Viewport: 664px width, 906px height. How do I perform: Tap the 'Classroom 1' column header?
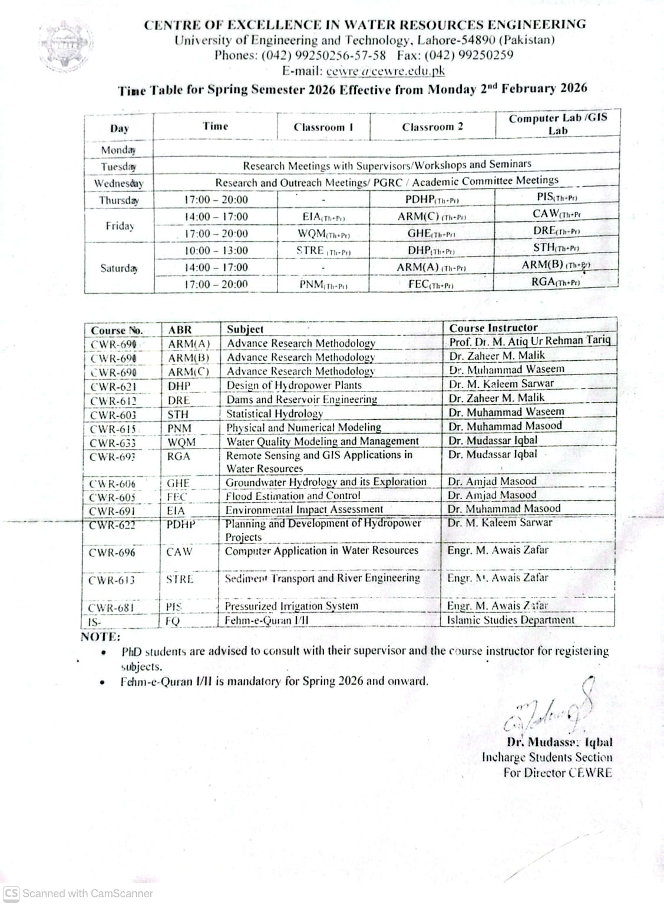pos(323,127)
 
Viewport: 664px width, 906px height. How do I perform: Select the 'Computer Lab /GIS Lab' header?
pos(557,124)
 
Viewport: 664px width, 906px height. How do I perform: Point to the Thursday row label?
pos(118,200)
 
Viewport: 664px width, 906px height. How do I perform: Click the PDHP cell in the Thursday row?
pos(431,200)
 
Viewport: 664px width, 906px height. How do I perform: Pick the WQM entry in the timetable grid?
pos(323,234)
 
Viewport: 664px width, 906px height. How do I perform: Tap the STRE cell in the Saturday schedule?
pos(323,251)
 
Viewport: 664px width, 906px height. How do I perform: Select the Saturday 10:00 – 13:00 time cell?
pos(216,251)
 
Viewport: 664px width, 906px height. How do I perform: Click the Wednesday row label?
pos(118,183)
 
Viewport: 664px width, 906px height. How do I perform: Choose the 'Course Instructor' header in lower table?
pos(493,328)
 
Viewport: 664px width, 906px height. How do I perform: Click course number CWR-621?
pos(113,387)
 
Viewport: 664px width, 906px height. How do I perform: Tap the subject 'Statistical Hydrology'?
pos(275,414)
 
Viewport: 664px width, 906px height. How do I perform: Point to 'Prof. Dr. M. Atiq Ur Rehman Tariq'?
pos(530,341)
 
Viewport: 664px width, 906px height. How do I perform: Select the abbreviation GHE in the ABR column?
pos(177,483)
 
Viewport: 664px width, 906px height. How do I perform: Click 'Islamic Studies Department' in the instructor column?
pos(510,620)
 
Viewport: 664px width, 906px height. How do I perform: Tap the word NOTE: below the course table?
pos(100,637)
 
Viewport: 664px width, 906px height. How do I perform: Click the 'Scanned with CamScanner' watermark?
pos(80,893)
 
